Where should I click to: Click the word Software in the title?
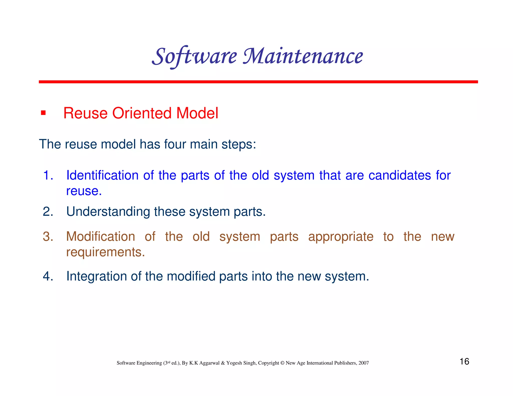point(195,56)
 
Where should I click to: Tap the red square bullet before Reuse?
point(43,113)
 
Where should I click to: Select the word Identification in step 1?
point(102,175)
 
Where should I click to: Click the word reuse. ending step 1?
point(84,191)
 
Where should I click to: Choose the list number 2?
point(48,212)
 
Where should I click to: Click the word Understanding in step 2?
point(108,212)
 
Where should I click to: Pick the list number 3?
point(48,237)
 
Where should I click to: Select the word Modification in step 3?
point(100,237)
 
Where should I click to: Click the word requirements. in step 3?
point(105,252)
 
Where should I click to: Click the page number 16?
point(464,361)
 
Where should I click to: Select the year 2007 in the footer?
point(363,363)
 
